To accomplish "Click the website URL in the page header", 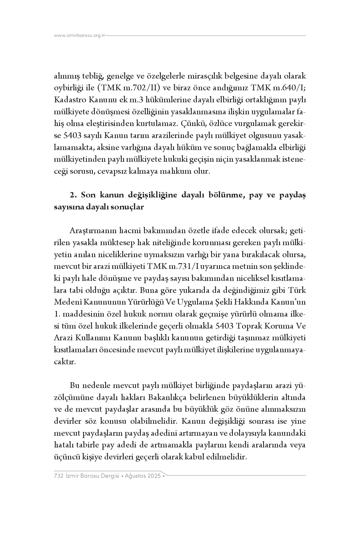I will coord(80,36).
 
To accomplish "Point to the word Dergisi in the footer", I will coord(108,476).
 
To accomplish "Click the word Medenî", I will coord(65,302).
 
